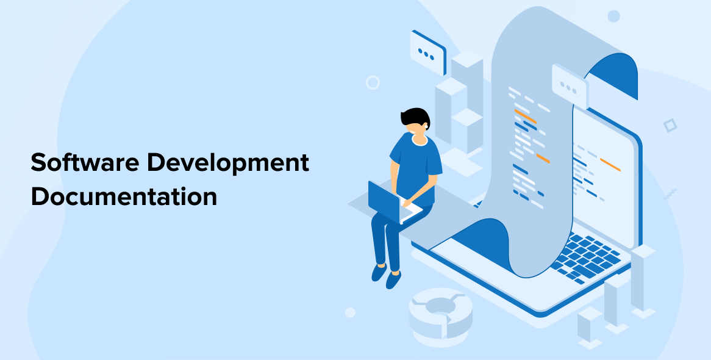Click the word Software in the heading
[84, 162]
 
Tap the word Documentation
[124, 196]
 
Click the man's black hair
[415, 118]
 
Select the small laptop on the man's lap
[392, 203]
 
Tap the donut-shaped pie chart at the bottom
[440, 312]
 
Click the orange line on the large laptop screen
[610, 164]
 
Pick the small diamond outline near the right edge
[670, 125]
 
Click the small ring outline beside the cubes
[373, 82]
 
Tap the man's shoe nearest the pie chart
[393, 279]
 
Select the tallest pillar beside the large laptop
[643, 279]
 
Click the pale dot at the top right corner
[613, 16]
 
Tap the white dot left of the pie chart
[350, 312]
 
